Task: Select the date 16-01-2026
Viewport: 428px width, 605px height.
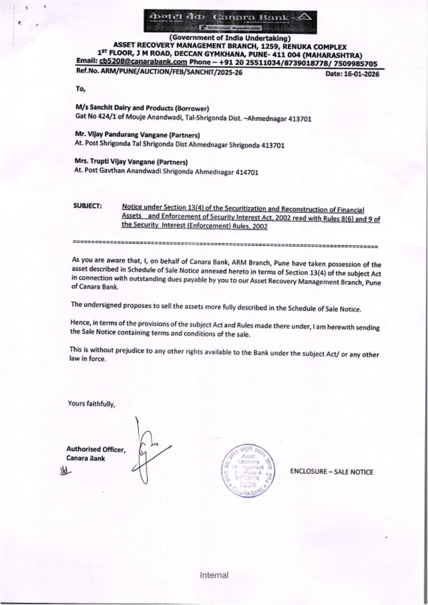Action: (352, 74)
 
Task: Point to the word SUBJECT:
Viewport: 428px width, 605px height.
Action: (87, 206)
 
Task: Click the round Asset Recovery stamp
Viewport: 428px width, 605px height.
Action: (244, 471)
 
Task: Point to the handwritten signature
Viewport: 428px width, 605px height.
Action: (148, 452)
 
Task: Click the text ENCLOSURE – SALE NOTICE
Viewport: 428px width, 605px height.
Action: (331, 472)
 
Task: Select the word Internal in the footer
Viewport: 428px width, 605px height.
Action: (214, 575)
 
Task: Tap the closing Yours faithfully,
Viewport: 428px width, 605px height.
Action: (92, 403)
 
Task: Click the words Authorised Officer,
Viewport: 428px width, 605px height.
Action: (95, 449)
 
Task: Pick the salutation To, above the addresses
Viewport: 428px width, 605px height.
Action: (80, 89)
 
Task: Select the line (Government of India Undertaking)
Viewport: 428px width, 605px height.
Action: (230, 39)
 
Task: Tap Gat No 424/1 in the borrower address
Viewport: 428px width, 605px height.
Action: (93, 118)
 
